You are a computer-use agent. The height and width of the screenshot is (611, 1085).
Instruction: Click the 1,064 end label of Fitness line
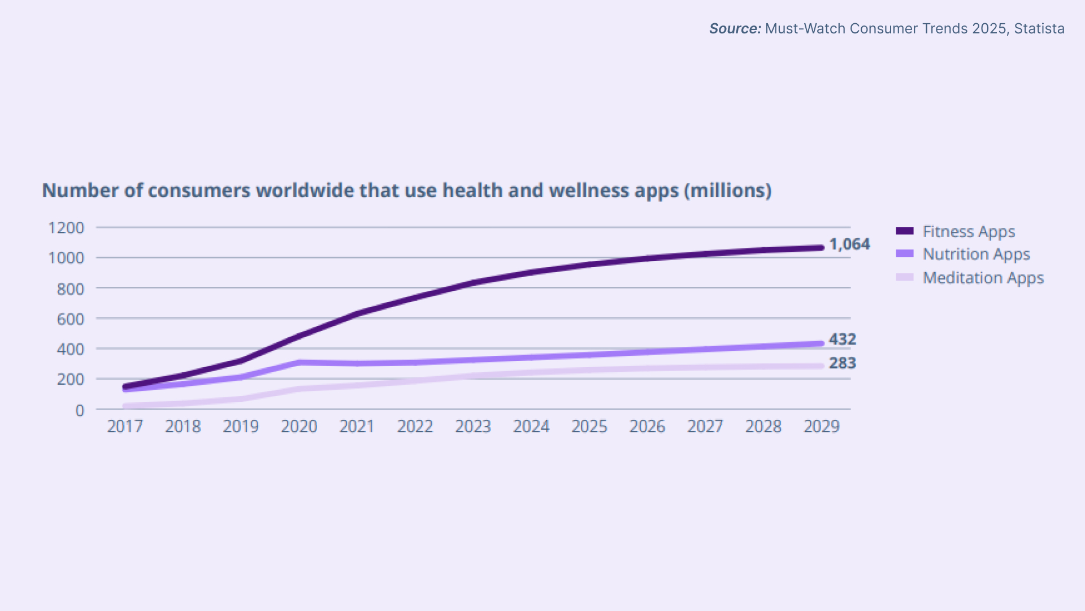tap(849, 244)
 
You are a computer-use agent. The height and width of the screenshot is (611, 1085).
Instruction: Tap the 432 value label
tap(843, 339)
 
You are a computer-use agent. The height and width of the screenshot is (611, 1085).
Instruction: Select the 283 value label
tap(843, 363)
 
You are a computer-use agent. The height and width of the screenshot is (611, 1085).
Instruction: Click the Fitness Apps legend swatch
tap(905, 231)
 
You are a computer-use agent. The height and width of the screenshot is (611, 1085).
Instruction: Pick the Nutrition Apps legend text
tap(976, 255)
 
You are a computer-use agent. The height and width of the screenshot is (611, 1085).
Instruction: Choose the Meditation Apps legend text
tap(983, 278)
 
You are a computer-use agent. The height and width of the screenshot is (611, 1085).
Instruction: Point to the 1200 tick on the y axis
tap(66, 228)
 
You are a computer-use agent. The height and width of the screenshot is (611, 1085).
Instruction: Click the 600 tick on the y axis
tap(71, 319)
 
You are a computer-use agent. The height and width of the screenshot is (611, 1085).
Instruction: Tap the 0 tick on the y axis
tap(80, 410)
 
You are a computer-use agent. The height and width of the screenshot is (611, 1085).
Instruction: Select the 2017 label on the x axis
tap(125, 427)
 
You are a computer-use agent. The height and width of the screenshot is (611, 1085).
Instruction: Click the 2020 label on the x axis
tap(299, 427)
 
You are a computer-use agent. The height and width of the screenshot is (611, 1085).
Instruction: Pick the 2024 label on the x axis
tap(531, 427)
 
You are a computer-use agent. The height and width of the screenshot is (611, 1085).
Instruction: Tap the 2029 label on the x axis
tap(822, 427)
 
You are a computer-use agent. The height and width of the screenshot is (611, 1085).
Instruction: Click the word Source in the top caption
tap(735, 29)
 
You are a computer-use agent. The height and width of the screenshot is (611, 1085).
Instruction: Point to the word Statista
tap(1039, 29)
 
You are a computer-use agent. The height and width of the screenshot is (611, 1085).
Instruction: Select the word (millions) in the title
tap(728, 191)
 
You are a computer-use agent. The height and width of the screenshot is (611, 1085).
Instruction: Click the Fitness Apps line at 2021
tap(357, 314)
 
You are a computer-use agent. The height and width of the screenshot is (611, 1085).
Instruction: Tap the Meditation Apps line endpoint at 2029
tap(821, 366)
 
